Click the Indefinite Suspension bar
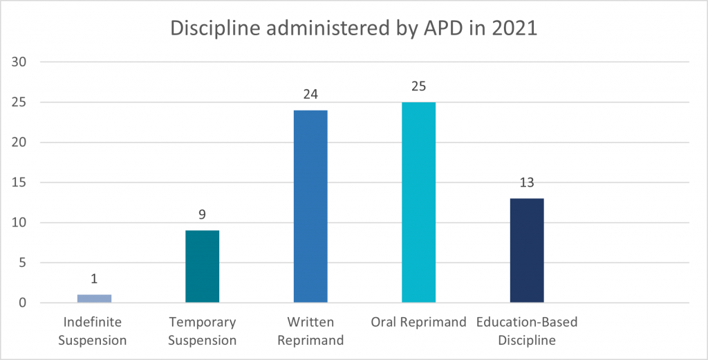pyautogui.click(x=94, y=299)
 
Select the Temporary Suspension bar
pyautogui.click(x=202, y=267)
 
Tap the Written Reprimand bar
pyautogui.click(x=310, y=207)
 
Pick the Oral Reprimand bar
pyautogui.click(x=418, y=202)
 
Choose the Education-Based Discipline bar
pyautogui.click(x=527, y=251)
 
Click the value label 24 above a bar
pyautogui.click(x=310, y=95)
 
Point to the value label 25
pyautogui.click(x=418, y=87)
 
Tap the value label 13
pyautogui.click(x=527, y=183)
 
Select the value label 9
pyautogui.click(x=202, y=215)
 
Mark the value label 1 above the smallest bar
pyautogui.click(x=94, y=279)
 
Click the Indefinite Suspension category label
pyautogui.click(x=93, y=331)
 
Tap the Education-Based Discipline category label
pyautogui.click(x=526, y=331)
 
